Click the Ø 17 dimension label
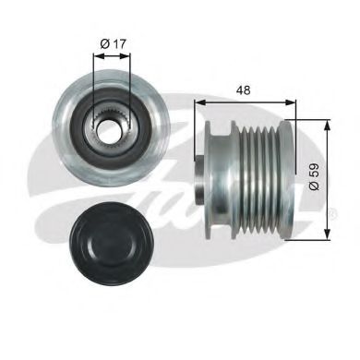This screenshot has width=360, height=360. [x=114, y=42]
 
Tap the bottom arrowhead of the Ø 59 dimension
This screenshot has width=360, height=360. [x=327, y=237]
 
